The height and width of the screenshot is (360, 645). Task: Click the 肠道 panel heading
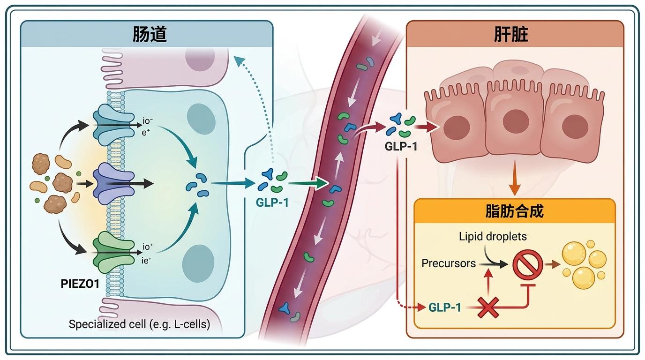tap(147, 34)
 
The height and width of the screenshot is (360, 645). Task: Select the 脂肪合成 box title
tap(514, 211)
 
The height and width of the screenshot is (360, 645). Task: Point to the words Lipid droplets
tap(493, 237)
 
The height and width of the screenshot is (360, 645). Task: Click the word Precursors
tap(449, 263)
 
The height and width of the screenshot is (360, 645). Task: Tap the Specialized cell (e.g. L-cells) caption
tap(139, 324)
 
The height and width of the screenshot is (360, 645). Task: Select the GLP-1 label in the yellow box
tap(444, 308)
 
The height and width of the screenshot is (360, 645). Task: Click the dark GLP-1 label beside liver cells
tap(401, 145)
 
